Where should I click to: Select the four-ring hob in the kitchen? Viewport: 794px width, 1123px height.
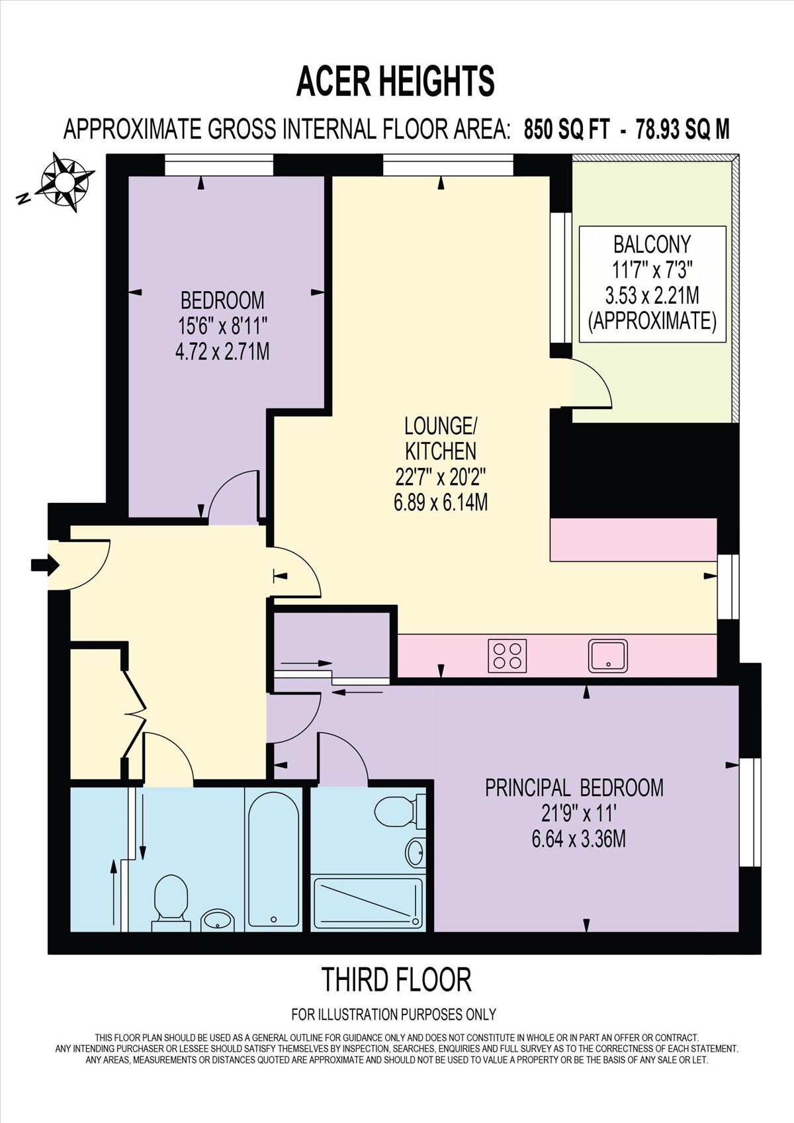(x=507, y=655)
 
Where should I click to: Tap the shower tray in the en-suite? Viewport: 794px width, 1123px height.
(x=367, y=903)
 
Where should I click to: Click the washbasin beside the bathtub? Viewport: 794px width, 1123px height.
(x=217, y=920)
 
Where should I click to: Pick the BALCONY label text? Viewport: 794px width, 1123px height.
(x=652, y=244)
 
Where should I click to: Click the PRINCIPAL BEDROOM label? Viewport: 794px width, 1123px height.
(x=574, y=787)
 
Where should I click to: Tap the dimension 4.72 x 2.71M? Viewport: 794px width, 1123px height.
(x=222, y=351)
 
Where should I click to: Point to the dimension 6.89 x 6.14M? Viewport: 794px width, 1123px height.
(x=440, y=503)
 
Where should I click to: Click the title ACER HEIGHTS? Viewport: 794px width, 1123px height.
(x=396, y=81)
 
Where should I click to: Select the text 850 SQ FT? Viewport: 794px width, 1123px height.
(x=566, y=128)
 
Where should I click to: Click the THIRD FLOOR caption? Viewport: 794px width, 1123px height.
(x=396, y=980)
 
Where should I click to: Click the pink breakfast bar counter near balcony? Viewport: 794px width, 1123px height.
(x=633, y=539)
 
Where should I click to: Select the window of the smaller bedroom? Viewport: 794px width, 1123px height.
(x=218, y=165)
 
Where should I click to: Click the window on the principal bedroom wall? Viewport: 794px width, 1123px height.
(x=750, y=812)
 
